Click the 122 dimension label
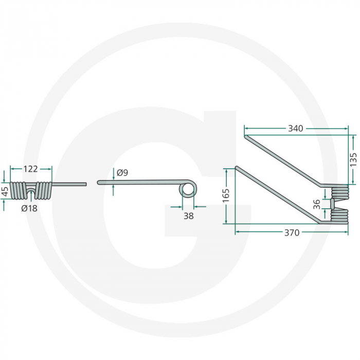(x=30, y=169)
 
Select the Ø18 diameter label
(x=29, y=208)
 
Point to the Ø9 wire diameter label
(x=122, y=173)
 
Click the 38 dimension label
(x=189, y=216)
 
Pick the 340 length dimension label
(x=296, y=129)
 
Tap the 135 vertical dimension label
(x=353, y=159)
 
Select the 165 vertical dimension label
(x=226, y=195)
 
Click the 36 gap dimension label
(x=317, y=204)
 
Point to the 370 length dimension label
(x=292, y=233)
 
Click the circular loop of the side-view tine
(x=188, y=189)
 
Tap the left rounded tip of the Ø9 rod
(x=99, y=182)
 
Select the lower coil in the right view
(x=340, y=216)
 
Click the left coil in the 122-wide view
(x=19, y=191)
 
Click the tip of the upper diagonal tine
(x=246, y=137)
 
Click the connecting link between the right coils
(x=333, y=204)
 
